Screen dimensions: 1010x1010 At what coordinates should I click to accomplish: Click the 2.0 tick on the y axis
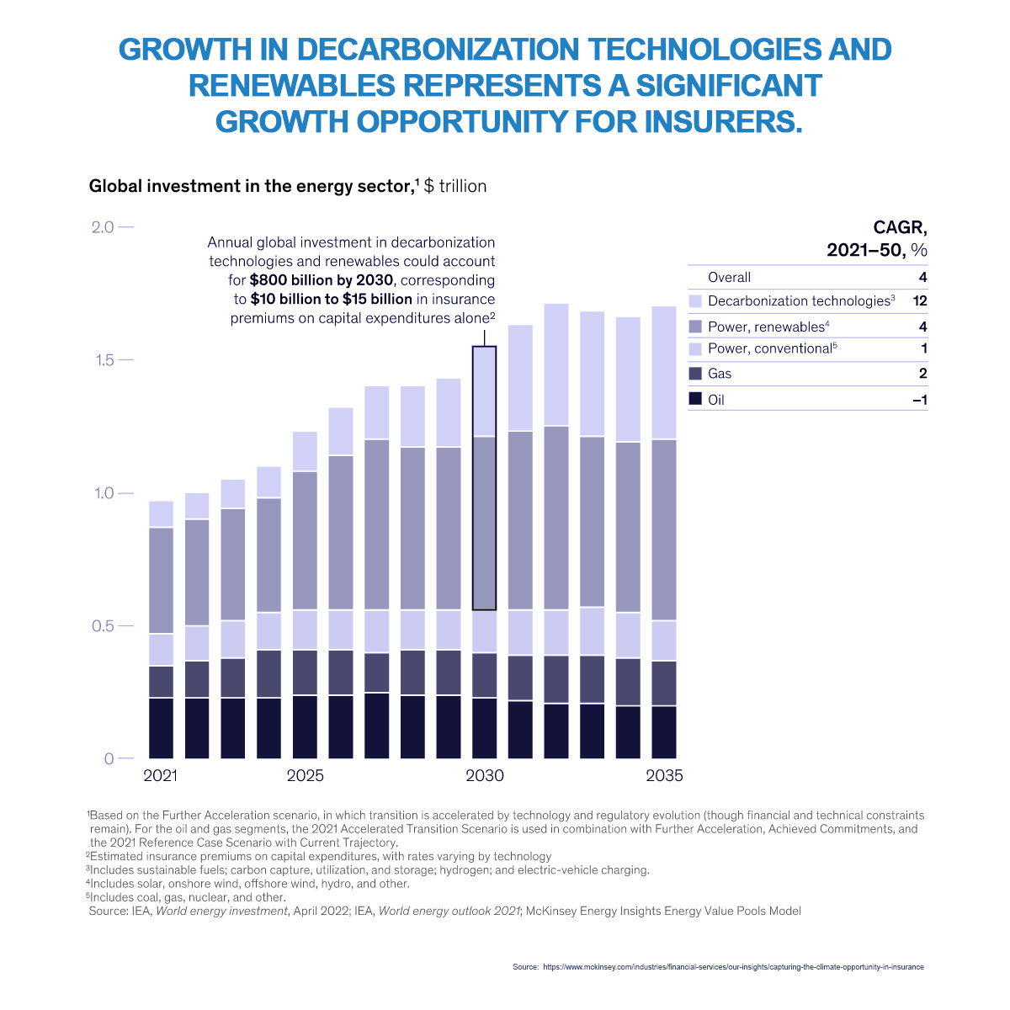click(x=102, y=227)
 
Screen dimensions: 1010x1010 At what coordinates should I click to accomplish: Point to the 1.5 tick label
click(x=102, y=360)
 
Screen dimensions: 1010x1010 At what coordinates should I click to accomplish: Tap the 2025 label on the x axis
click(x=305, y=775)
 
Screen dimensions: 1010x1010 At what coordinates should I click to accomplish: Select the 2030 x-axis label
click(x=484, y=775)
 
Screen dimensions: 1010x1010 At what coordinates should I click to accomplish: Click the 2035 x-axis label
click(x=664, y=775)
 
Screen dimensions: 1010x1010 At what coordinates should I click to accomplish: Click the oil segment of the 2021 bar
click(x=161, y=728)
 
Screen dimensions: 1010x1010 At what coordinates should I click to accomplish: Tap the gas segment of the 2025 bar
click(x=305, y=672)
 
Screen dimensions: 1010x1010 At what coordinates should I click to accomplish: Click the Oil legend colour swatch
click(x=695, y=399)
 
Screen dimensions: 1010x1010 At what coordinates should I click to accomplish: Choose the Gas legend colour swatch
click(x=695, y=373)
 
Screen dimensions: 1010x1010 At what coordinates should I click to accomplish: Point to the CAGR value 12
click(x=920, y=300)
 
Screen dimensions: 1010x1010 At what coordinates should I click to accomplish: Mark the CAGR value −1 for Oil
click(x=920, y=400)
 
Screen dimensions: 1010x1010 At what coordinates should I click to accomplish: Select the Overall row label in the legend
click(x=729, y=278)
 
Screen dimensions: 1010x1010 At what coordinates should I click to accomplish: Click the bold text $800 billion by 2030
click(x=322, y=280)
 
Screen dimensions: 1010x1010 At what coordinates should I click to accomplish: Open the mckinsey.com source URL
click(x=733, y=967)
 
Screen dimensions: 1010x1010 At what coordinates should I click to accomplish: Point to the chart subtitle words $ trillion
click(x=454, y=186)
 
